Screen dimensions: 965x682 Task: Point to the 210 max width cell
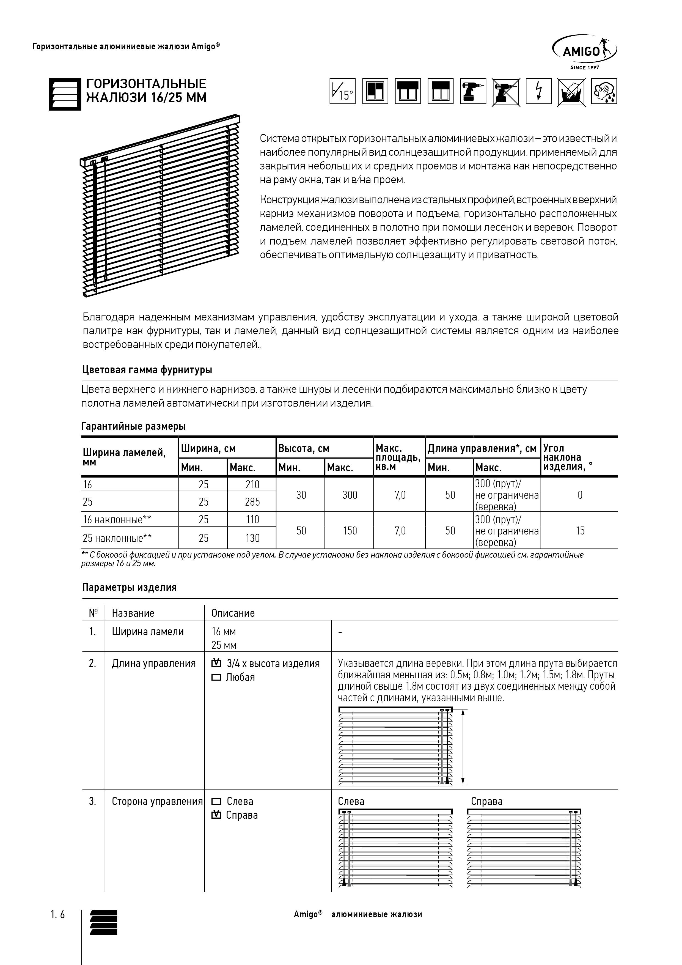(252, 485)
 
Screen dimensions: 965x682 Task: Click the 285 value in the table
(252, 502)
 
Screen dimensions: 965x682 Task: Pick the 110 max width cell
(252, 519)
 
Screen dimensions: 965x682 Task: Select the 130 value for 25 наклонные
(252, 538)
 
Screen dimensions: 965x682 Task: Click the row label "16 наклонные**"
(117, 519)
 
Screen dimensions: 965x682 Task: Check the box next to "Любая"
(216, 678)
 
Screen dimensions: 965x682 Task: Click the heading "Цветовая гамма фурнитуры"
(147, 370)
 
